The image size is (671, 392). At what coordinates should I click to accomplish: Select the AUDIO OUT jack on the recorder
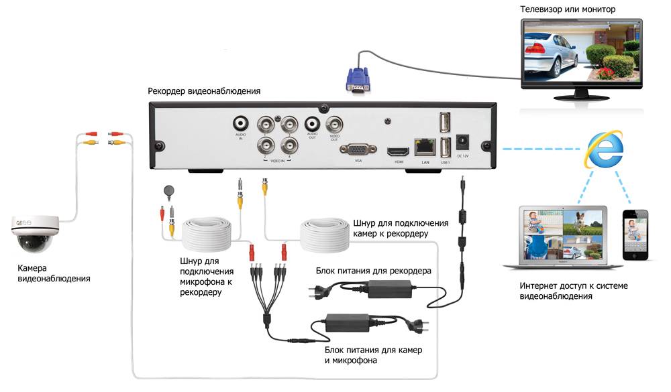(312, 124)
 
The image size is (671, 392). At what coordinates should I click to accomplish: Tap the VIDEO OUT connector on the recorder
(333, 124)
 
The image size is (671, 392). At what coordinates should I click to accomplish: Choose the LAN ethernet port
(423, 143)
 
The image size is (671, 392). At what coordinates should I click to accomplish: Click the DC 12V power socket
(462, 143)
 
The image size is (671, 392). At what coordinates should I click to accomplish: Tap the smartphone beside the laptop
(634, 235)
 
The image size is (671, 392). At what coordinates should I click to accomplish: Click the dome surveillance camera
(32, 231)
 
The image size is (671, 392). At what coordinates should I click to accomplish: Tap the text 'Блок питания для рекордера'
(373, 271)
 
